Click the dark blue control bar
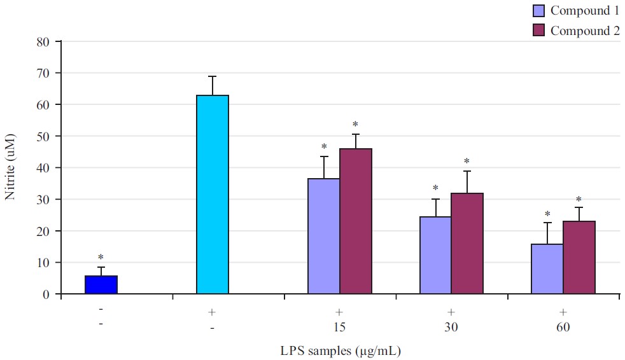101,285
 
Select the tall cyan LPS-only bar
213,195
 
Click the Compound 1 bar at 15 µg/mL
324,237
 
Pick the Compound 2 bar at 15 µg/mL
356,221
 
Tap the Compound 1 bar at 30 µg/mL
435,256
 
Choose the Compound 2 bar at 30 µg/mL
467,244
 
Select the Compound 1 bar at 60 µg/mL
547,269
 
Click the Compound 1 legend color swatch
539,10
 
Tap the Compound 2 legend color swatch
539,31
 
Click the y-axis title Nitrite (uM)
10,167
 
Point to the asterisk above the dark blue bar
101,258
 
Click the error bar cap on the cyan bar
213,76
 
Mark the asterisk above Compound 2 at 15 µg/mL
355,125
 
